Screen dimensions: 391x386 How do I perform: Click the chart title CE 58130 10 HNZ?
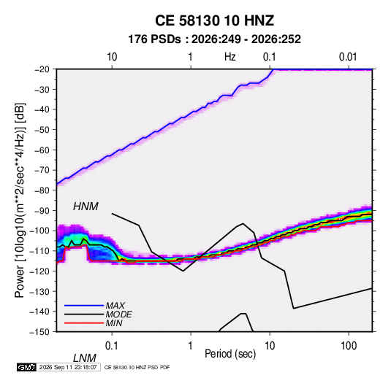click(214, 20)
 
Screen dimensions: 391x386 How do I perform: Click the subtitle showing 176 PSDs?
click(214, 39)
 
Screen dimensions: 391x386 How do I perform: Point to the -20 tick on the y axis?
click(42, 69)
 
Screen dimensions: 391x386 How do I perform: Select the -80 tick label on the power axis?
click(42, 190)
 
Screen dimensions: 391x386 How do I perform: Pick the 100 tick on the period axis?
click(349, 346)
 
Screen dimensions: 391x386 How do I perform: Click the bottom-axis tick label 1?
click(191, 346)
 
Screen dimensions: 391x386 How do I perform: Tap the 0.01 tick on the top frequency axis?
click(348, 57)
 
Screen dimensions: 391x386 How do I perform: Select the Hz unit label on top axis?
click(230, 57)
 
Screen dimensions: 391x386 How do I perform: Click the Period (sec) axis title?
click(230, 354)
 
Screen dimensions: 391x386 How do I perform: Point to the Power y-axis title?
click(20, 200)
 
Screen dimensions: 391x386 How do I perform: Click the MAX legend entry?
click(115, 305)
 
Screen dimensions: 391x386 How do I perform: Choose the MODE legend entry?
click(118, 314)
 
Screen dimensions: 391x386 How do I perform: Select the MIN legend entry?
click(114, 323)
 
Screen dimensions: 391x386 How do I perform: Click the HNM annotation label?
click(86, 206)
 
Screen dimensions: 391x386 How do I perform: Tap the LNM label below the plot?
click(84, 358)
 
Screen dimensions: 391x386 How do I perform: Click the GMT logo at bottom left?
click(26, 367)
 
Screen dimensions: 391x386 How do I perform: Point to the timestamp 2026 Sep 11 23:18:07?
click(68, 367)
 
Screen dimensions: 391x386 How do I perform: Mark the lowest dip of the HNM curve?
click(294, 309)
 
